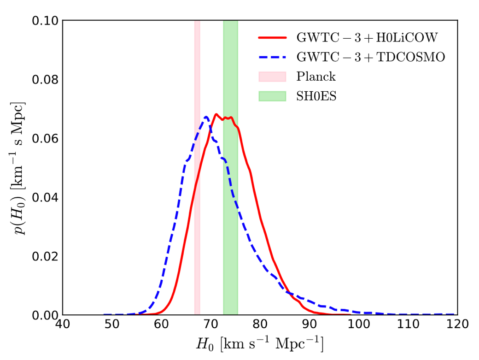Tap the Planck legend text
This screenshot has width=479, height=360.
(316, 76)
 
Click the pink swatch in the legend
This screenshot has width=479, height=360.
(272, 76)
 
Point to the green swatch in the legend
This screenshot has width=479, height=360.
(272, 96)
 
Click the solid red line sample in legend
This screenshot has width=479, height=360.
(272, 37)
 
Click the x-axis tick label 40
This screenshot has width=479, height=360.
(63, 325)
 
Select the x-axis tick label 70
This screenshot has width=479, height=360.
(210, 325)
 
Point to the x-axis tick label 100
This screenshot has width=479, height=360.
(357, 325)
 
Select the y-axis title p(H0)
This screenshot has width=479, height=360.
(18, 168)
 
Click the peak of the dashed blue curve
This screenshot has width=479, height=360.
(206, 117)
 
